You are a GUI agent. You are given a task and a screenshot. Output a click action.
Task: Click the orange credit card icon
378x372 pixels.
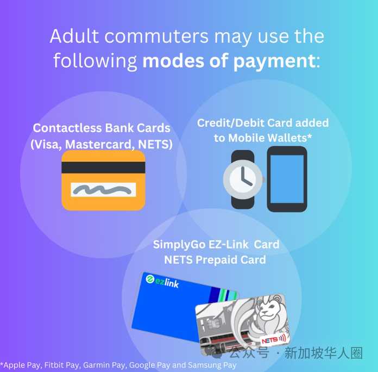(103, 180)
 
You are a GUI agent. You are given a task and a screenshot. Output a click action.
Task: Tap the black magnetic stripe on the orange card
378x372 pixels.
(103, 168)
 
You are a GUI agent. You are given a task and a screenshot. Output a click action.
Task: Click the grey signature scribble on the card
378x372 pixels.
(103, 190)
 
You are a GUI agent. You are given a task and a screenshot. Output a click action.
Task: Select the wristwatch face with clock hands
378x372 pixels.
(243, 179)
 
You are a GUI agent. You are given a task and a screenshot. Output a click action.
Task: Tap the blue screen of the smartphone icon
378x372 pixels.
(287, 179)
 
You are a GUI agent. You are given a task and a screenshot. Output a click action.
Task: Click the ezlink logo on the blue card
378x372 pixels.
(162, 281)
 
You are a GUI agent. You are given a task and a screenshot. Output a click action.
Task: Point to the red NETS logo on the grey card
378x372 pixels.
(274, 340)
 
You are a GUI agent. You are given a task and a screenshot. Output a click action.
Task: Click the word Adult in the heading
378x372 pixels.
(74, 36)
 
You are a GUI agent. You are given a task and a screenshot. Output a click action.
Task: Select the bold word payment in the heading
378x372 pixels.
(274, 61)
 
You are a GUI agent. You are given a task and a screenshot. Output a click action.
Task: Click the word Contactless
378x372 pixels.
(67, 128)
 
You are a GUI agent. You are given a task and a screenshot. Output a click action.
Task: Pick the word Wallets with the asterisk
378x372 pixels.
(289, 138)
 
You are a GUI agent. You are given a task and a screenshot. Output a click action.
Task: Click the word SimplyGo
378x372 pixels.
(179, 245)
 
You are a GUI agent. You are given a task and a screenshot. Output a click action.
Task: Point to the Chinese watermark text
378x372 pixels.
(296, 352)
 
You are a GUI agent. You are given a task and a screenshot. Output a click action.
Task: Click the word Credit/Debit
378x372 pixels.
(231, 123)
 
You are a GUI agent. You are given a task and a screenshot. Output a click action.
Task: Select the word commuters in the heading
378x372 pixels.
(156, 36)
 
